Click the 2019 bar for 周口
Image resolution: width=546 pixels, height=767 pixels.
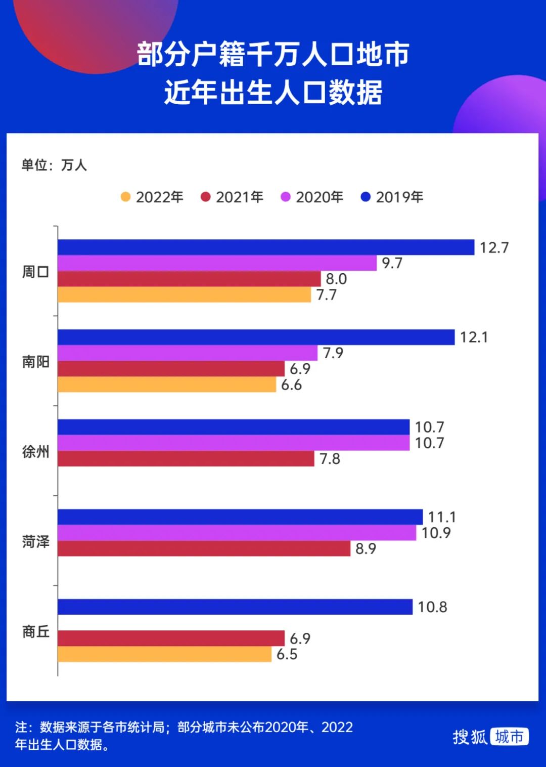pyautogui.click(x=266, y=247)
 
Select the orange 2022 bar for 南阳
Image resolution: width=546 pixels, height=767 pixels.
pyautogui.click(x=167, y=385)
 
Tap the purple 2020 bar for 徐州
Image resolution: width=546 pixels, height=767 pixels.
pyautogui.click(x=234, y=443)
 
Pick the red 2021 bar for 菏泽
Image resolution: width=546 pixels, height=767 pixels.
pyautogui.click(x=204, y=548)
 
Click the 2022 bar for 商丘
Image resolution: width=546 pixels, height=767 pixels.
pyautogui.click(x=164, y=654)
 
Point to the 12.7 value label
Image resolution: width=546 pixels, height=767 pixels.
pyautogui.click(x=494, y=247)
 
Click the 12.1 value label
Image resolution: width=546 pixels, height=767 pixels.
pyautogui.click(x=474, y=337)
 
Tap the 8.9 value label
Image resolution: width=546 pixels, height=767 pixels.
pyautogui.click(x=366, y=548)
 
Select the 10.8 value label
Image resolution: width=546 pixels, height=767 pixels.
pyautogui.click(x=432, y=607)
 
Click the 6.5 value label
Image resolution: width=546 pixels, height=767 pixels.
pyautogui.click(x=287, y=654)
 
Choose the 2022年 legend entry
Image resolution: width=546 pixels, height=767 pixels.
pyautogui.click(x=152, y=197)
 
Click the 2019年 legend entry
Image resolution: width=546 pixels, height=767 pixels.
pyautogui.click(x=392, y=197)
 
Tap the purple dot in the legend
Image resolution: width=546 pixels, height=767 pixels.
pyautogui.click(x=286, y=197)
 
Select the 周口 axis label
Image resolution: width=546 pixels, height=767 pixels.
pyautogui.click(x=35, y=272)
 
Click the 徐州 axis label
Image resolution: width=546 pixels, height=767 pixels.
pyautogui.click(x=35, y=451)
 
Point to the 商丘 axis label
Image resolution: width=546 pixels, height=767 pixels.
pyautogui.click(x=35, y=631)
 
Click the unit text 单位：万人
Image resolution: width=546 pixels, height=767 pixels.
pyautogui.click(x=54, y=165)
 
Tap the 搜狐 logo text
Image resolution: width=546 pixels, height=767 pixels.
pyautogui.click(x=470, y=737)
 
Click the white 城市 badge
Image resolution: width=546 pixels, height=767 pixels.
pyautogui.click(x=509, y=737)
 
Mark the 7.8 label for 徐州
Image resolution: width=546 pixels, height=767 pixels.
pyautogui.click(x=330, y=459)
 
